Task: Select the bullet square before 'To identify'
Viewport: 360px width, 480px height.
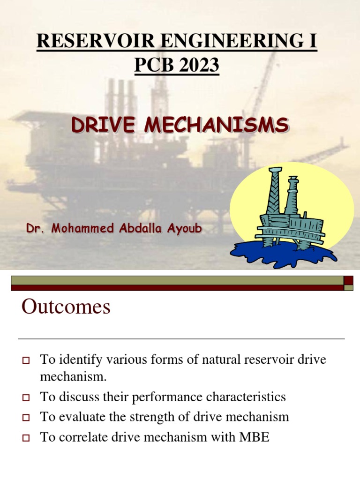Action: (26, 361)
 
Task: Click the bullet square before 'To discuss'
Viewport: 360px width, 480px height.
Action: (26, 398)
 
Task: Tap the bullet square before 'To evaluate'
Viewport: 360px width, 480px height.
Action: (26, 418)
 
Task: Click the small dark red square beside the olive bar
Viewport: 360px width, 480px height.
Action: (348, 280)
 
